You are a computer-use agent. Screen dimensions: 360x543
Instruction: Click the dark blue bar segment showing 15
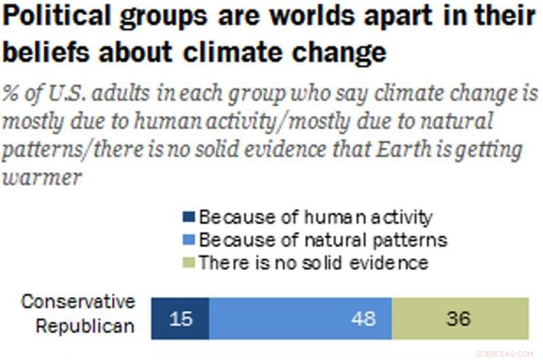[180, 318]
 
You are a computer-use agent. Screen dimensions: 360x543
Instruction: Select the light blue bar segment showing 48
[300, 318]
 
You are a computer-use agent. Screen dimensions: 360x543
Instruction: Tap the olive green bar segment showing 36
[459, 318]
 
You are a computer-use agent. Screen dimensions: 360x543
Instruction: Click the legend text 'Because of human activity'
[316, 218]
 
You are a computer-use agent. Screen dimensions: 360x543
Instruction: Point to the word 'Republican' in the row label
[85, 327]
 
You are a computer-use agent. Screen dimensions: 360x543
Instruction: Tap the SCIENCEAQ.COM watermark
[506, 352]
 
